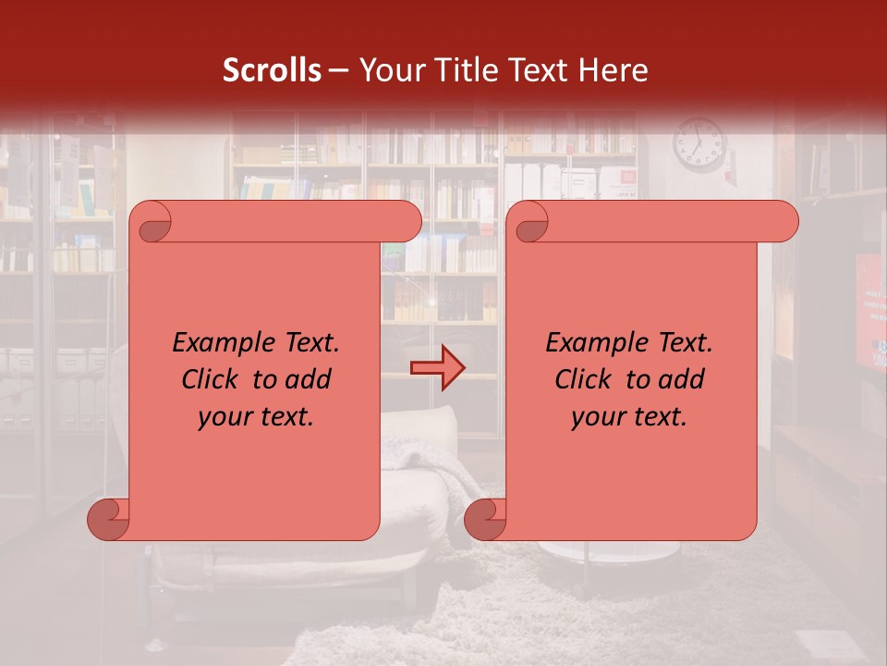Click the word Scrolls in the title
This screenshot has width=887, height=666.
[272, 70]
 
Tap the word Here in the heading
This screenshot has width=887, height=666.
[613, 70]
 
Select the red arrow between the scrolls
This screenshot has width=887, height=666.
[438, 368]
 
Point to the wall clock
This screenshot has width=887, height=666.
[699, 145]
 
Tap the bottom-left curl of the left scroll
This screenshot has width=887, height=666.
[109, 520]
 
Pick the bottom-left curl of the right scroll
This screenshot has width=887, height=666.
[486, 520]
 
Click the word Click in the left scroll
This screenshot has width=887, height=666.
[212, 379]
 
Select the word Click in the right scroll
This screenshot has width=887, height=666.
[585, 379]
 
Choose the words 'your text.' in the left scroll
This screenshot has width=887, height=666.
[256, 416]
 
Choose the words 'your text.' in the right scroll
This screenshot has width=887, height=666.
[629, 416]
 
